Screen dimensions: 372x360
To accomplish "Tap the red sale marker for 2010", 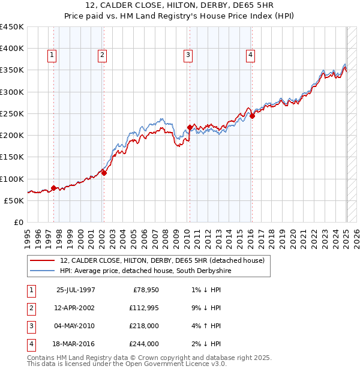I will (x=190, y=127).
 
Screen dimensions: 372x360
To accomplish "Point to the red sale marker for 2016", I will (x=252, y=116).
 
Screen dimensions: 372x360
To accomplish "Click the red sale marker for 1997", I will (x=53, y=188).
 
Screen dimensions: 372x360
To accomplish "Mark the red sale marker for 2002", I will (x=104, y=173).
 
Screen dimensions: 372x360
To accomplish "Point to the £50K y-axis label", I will (x=14, y=200).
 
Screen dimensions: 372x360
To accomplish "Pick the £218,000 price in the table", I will (x=145, y=326).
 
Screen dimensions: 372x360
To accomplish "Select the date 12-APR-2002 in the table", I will (x=75, y=308).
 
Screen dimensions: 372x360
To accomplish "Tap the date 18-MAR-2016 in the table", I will (x=75, y=344).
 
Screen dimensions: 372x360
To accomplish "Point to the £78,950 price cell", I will (x=145, y=290).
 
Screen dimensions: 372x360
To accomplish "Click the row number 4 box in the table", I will (x=31, y=344).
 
